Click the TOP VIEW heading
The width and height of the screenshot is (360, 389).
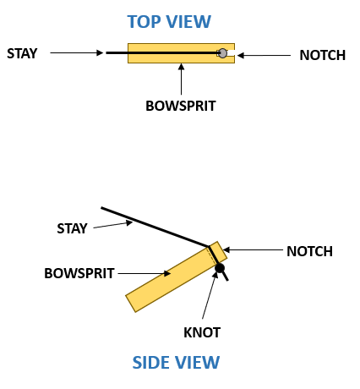168,22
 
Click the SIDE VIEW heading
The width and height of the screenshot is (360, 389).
176,363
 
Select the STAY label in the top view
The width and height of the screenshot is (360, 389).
22,53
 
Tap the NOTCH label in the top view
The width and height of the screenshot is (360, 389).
322,56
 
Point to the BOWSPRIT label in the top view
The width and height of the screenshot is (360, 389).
181,107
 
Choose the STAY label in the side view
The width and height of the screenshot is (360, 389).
72,228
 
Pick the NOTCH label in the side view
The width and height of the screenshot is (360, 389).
309,251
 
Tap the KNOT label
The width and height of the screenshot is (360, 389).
202,331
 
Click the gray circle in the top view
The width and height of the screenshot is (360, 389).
222,53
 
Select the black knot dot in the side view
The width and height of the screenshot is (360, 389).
220,269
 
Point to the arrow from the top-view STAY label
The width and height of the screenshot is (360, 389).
76,53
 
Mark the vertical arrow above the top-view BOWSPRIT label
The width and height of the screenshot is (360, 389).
181,79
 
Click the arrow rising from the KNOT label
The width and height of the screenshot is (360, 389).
209,299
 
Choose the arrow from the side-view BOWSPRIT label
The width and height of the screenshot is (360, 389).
144,273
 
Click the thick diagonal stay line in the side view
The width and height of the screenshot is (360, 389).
152,226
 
